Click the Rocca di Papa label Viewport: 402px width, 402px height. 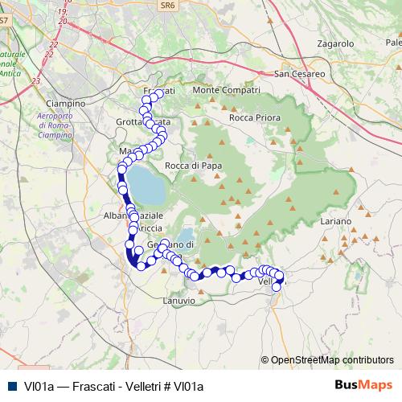pos(193,166)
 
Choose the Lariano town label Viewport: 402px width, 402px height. pos(335,220)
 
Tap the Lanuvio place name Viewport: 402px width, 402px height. pos(178,300)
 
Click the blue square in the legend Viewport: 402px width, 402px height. pos(11,386)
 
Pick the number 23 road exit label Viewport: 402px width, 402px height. pos(35,81)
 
